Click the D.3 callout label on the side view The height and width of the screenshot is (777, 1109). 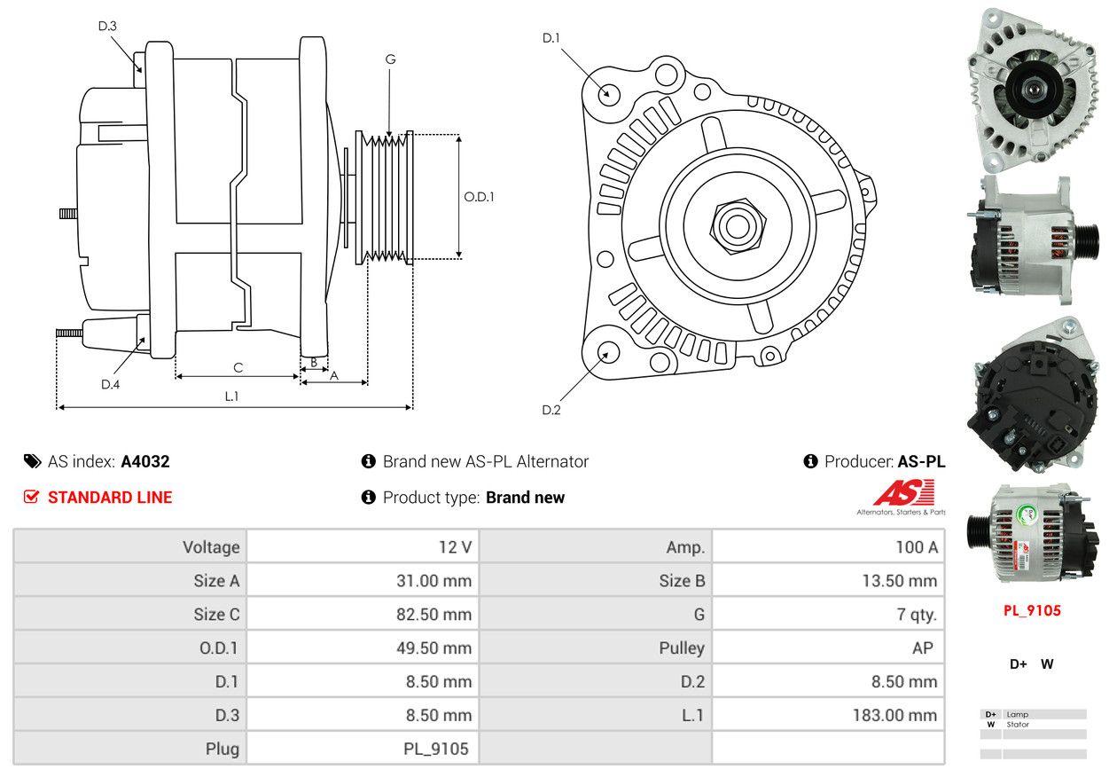[x=107, y=26]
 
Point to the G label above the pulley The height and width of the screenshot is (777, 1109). [x=390, y=59]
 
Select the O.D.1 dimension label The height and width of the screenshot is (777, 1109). [x=479, y=197]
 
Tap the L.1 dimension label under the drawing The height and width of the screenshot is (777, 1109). [x=231, y=396]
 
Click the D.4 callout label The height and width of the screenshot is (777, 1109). [x=110, y=384]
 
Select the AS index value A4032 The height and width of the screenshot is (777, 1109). [x=145, y=461]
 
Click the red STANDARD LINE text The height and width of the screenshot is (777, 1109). [x=110, y=498]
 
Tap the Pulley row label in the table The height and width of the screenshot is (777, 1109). [x=682, y=647]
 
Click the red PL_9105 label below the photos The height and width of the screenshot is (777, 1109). [x=1032, y=610]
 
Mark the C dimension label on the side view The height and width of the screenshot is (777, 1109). [x=238, y=367]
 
